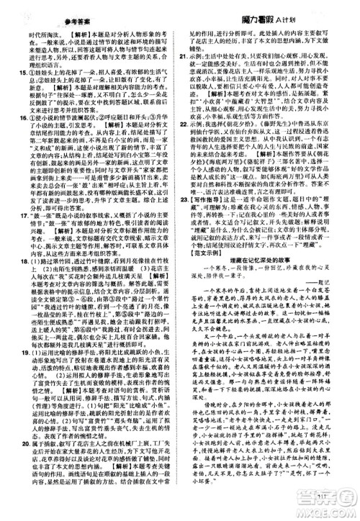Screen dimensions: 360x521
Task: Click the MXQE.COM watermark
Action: pyautogui.click(x=332, y=509)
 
